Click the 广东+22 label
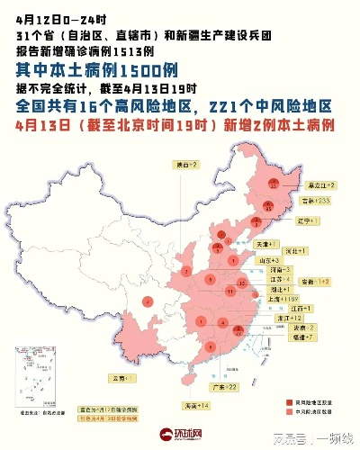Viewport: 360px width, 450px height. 222,386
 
